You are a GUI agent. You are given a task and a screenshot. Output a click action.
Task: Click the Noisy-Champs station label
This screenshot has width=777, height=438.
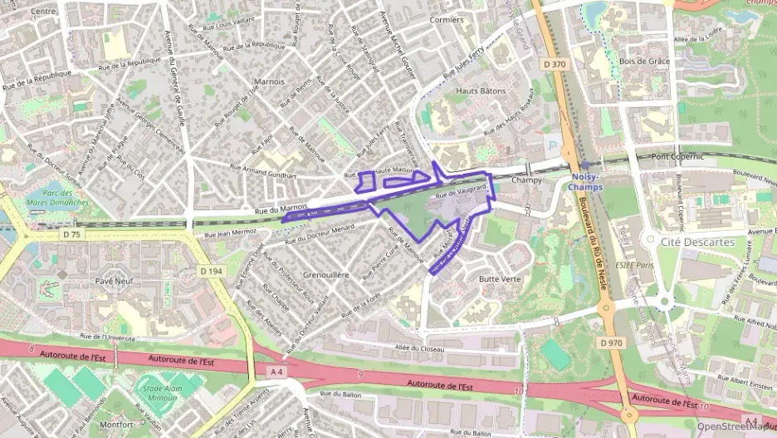(589, 182)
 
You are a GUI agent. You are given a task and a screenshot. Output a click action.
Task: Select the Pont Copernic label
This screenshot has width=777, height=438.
(677, 156)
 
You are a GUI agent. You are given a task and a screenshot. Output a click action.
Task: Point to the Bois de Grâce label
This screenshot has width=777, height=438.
(645, 62)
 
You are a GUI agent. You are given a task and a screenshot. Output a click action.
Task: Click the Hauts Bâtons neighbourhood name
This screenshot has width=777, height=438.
(481, 91)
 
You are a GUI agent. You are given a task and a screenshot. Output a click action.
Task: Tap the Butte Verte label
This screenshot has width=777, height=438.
(500, 279)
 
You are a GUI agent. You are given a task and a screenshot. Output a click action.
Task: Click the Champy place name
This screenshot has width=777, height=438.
(526, 180)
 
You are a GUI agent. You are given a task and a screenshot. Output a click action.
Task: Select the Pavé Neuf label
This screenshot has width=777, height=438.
(115, 281)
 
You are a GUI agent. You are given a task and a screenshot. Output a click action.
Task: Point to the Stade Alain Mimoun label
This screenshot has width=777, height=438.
(158, 392)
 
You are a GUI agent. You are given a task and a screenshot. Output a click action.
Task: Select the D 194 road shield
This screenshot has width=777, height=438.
(213, 271)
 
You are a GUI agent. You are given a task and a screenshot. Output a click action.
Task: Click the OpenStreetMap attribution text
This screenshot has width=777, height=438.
(735, 426)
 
